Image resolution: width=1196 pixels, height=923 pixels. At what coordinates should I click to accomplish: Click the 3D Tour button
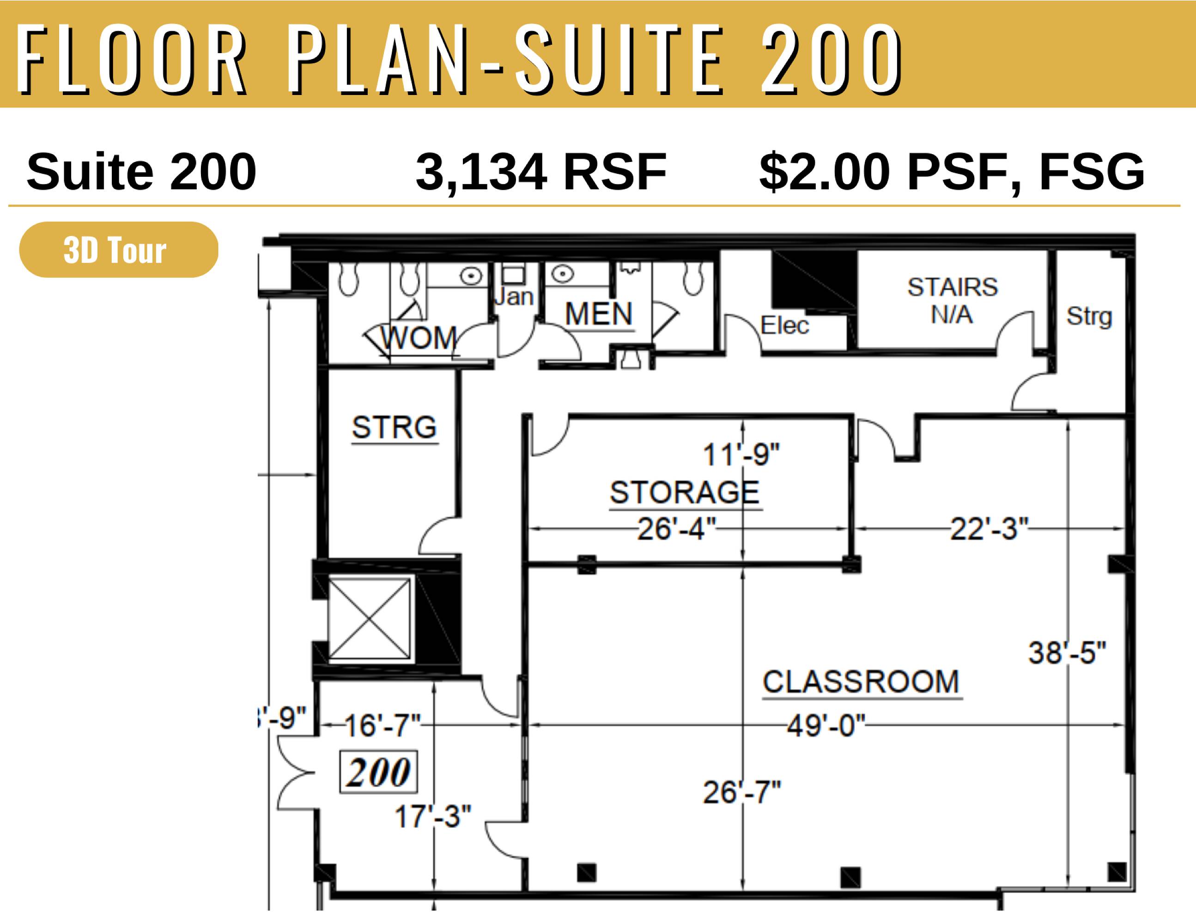119,250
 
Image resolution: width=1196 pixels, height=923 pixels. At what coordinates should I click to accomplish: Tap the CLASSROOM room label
861,682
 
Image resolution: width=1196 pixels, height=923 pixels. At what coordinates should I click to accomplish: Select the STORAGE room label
685,492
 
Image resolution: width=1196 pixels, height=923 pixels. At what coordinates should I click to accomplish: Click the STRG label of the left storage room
395,427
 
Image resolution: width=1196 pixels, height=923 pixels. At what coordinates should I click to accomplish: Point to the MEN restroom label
599,314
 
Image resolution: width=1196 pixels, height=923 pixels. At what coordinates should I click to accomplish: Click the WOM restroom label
419,337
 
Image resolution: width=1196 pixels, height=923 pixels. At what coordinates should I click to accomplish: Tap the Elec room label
784,325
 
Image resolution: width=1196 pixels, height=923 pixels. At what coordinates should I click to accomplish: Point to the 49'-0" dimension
826,726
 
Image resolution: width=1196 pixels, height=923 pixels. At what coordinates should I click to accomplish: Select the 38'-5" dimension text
1067,653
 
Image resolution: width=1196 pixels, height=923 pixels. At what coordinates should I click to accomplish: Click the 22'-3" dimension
989,529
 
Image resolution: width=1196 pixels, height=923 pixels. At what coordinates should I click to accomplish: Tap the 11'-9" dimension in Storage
741,455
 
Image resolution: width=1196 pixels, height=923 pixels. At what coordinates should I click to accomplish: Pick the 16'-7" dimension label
382,726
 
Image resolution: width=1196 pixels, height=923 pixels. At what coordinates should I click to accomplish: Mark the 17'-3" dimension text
432,817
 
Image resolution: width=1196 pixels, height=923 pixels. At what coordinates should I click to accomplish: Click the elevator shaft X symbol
369,619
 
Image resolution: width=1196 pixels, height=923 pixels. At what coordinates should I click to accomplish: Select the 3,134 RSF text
541,172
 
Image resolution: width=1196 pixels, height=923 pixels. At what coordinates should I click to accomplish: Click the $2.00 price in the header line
825,172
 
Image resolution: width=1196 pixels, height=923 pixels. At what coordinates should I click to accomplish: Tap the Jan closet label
514,297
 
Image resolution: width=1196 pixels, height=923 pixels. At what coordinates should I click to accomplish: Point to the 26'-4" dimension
677,529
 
